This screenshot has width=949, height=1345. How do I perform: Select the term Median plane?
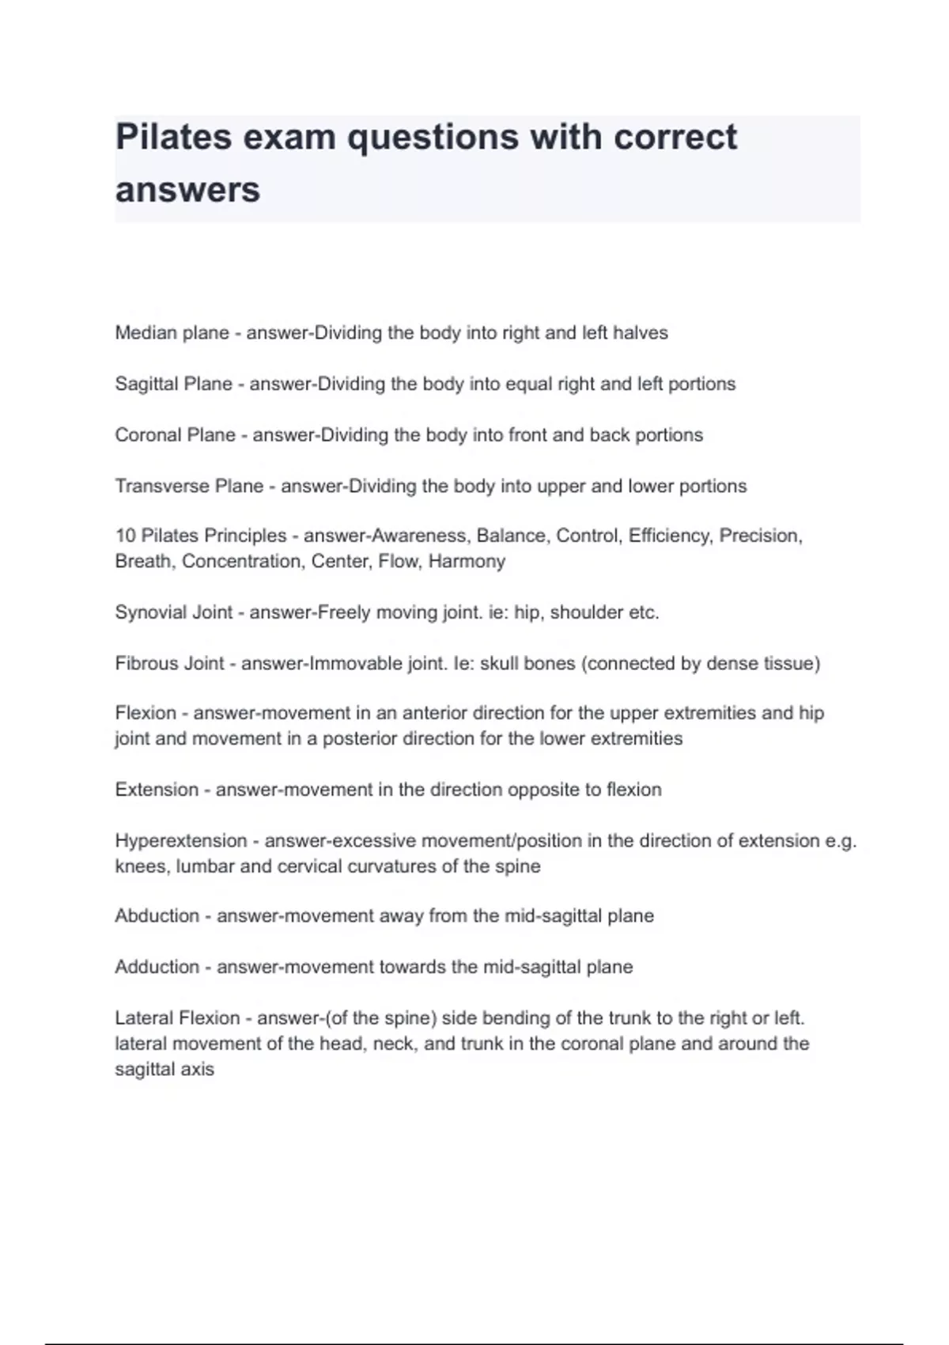[x=172, y=333]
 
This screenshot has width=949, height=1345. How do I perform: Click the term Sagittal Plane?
[x=174, y=384]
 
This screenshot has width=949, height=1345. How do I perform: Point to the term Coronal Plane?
[x=175, y=435]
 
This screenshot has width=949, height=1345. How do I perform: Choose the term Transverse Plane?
[x=189, y=486]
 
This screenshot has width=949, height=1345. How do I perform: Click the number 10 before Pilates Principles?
[x=125, y=536]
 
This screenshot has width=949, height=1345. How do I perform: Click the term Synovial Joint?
[x=174, y=612]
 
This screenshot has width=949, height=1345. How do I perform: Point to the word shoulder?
[x=584, y=612]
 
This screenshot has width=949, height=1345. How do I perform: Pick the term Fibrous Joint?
[x=169, y=663]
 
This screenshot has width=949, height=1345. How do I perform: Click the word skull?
[x=499, y=663]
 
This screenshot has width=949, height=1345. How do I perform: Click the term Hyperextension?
[x=181, y=840]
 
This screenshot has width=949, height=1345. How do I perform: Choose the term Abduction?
[x=157, y=915]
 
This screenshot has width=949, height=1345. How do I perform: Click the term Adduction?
[x=157, y=967]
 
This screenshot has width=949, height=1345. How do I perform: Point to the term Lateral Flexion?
[x=177, y=1017]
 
